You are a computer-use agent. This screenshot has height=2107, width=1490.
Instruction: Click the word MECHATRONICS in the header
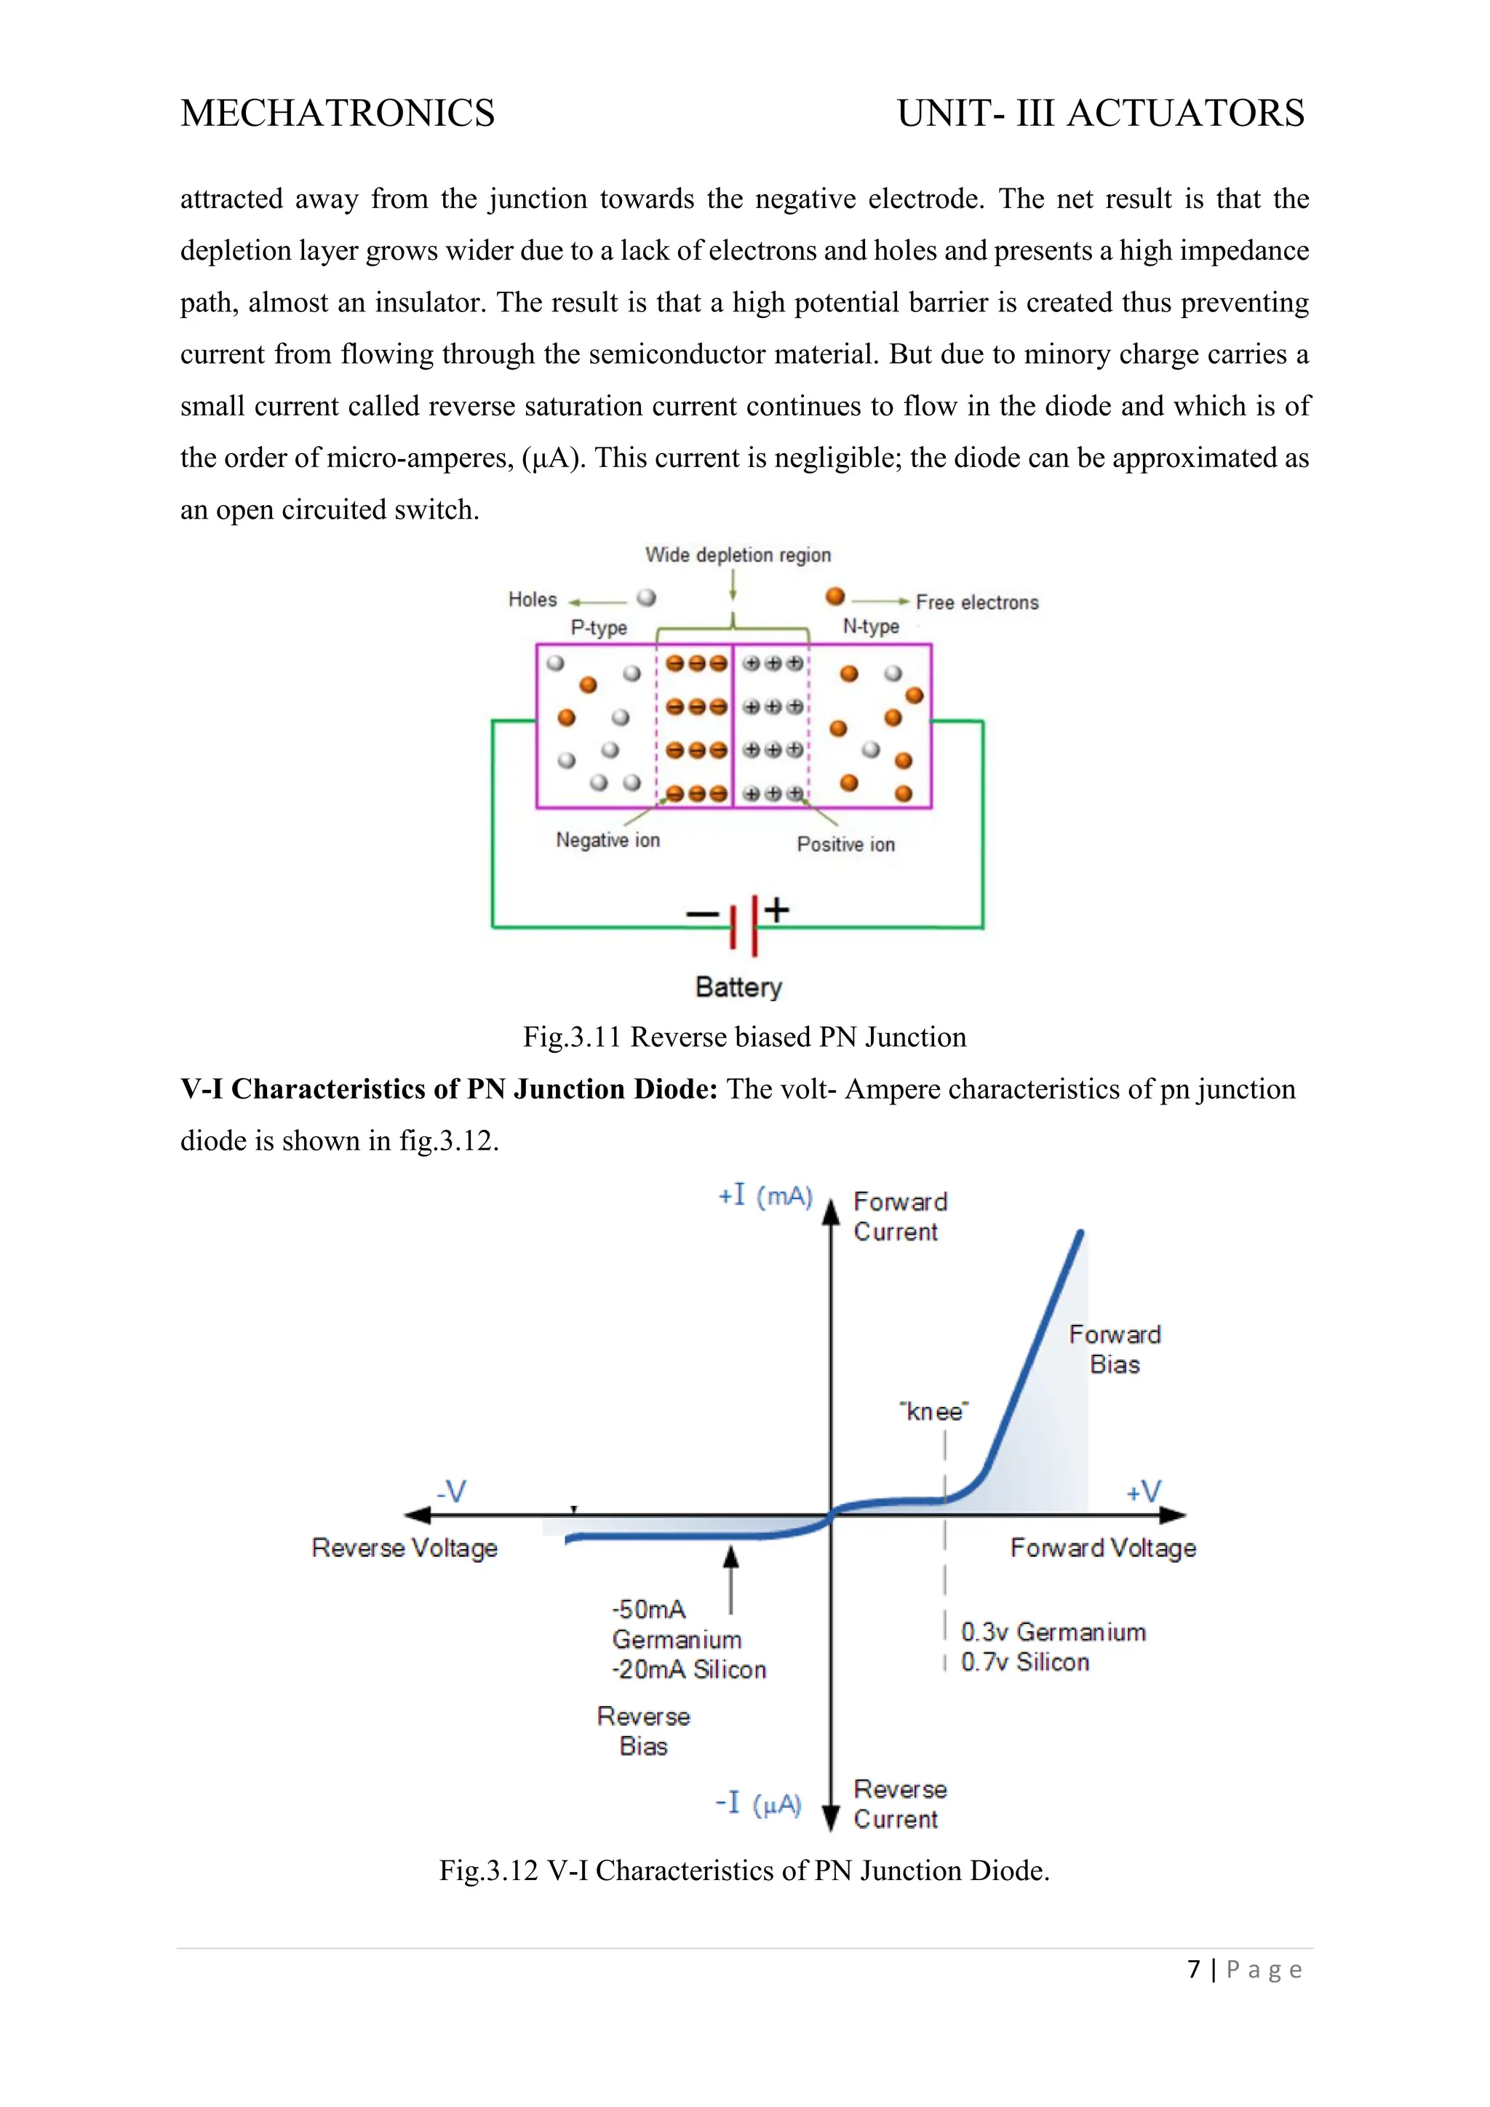[x=337, y=113]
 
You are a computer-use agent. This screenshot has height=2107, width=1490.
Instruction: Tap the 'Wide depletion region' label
[x=738, y=554]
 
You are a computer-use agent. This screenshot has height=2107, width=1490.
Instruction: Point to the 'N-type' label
[x=871, y=626]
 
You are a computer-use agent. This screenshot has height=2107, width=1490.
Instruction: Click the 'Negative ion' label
[x=607, y=840]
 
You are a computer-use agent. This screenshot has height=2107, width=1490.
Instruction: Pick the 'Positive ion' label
[x=845, y=844]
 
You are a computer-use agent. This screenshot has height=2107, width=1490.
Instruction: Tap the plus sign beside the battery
[x=777, y=909]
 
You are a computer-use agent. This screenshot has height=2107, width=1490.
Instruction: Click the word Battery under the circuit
[x=738, y=987]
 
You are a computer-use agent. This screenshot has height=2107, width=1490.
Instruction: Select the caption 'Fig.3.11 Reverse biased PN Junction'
[x=744, y=1037]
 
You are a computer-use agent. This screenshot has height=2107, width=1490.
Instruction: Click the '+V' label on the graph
[x=1144, y=1492]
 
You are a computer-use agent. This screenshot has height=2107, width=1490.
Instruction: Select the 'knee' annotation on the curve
[x=934, y=1411]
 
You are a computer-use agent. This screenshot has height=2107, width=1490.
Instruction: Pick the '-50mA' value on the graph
[x=649, y=1609]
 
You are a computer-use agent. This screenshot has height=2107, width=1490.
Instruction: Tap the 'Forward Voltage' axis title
[x=1103, y=1548]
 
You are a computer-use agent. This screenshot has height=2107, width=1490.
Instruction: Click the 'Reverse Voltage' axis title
[x=405, y=1548]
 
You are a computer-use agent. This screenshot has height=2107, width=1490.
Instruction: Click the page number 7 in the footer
[x=1194, y=1970]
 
